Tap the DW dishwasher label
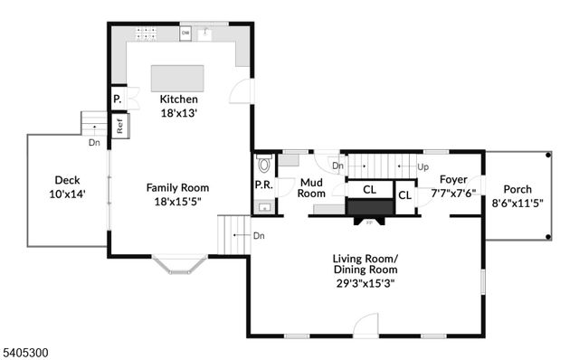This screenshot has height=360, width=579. (x=185, y=33)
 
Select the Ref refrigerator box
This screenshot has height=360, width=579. (x=119, y=128)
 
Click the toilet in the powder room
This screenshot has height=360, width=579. (x=264, y=163)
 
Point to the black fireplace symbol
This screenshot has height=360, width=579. (x=369, y=209)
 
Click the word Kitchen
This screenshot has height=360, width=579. (x=178, y=99)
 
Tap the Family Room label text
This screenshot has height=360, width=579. (x=177, y=188)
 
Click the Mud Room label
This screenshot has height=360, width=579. (x=311, y=187)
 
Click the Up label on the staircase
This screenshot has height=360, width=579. (x=422, y=167)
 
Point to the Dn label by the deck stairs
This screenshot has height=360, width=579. (x=94, y=143)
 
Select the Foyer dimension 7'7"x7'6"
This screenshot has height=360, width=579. (x=453, y=194)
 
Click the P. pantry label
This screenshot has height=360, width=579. (x=117, y=99)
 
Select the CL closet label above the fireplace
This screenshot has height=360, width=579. (x=369, y=190)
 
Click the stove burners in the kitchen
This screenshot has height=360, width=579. (x=147, y=33)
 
